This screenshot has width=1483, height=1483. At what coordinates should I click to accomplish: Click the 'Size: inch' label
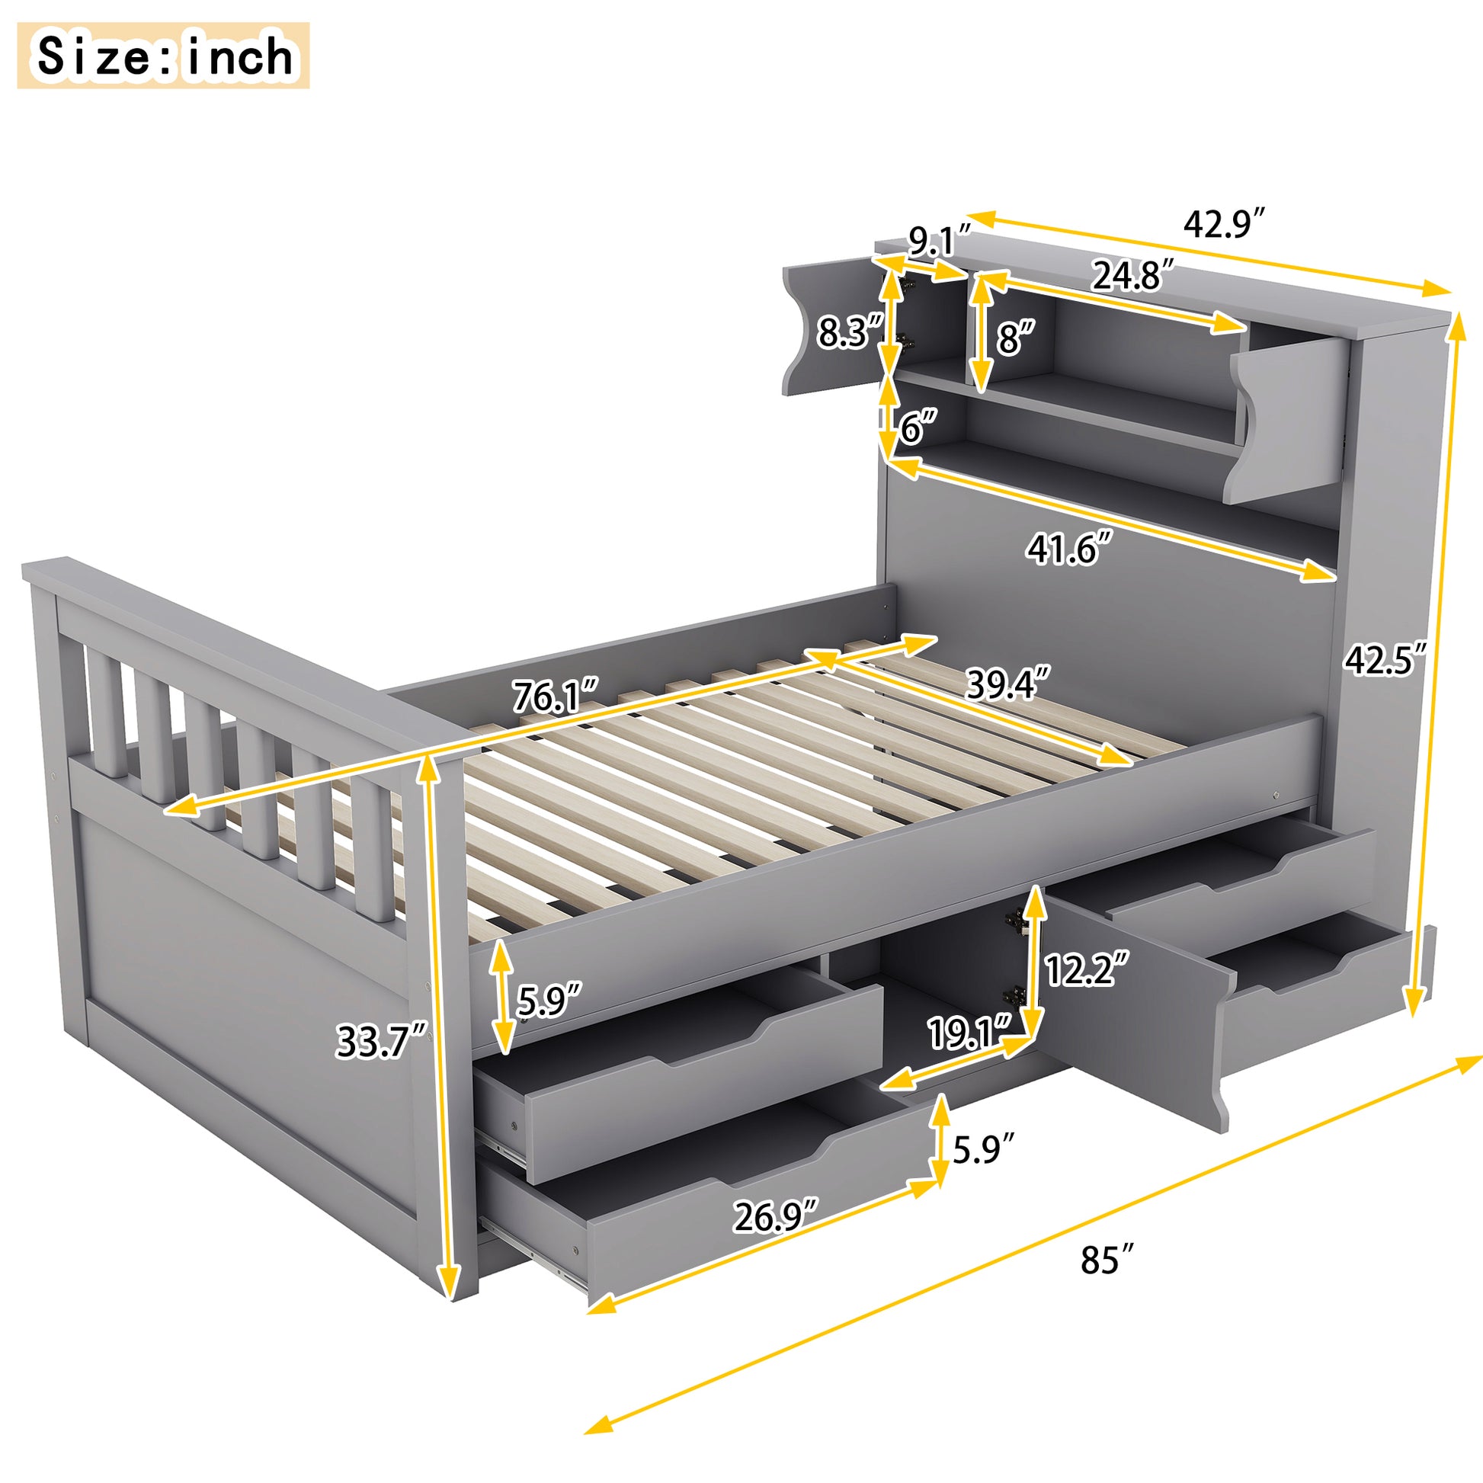point(163,56)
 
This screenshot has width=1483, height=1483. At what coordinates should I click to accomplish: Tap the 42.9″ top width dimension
point(1224,223)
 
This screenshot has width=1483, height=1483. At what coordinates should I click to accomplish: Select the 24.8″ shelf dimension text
point(1133,275)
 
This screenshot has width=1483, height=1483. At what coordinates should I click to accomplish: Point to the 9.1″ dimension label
point(940,241)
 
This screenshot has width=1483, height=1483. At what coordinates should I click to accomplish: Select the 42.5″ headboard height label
point(1385,658)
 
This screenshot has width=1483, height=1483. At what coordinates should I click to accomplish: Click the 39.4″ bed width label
point(1008,683)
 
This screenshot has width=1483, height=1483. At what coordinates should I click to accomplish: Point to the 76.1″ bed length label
point(555,697)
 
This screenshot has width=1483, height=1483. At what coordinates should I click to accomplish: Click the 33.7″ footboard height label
point(381,1042)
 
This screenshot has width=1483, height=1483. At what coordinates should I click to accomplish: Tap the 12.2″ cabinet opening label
point(1087,969)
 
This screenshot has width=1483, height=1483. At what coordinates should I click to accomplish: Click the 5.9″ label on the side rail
point(548,1000)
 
